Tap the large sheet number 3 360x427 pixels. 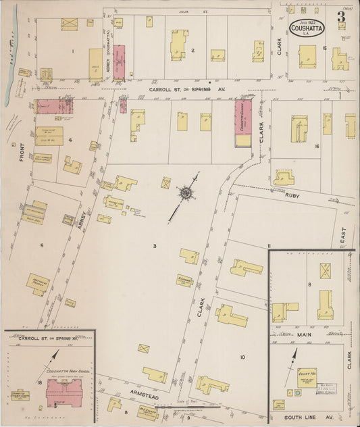(342, 16)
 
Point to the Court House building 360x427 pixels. (307, 378)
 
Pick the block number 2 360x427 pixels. (192, 51)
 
